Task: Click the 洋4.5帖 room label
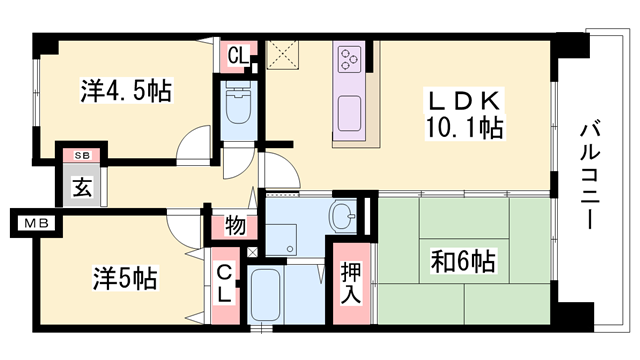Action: pyautogui.click(x=125, y=92)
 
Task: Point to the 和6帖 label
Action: pyautogui.click(x=461, y=263)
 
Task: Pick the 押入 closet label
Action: pyautogui.click(x=351, y=283)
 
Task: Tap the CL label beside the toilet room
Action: pyautogui.click(x=237, y=55)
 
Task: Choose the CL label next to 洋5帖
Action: pyautogui.click(x=225, y=283)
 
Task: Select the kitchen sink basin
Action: pyautogui.click(x=351, y=112)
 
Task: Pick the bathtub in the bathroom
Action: pyautogui.click(x=266, y=297)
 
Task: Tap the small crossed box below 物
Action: pyautogui.click(x=250, y=251)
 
